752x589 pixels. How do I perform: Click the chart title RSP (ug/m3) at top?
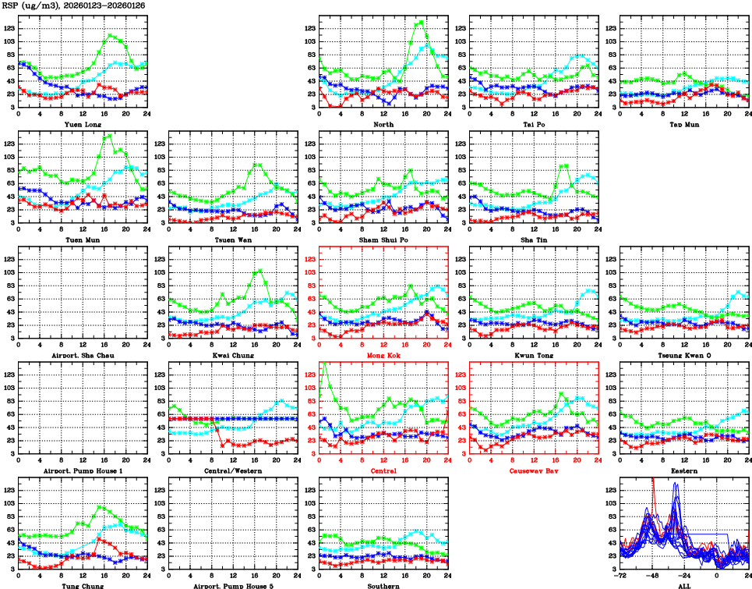point(36,5)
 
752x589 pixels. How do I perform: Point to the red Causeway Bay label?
point(534,470)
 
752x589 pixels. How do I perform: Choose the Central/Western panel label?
point(233,470)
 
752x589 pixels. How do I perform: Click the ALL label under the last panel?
point(684,585)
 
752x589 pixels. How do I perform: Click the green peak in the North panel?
point(422,22)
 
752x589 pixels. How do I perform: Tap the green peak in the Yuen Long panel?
point(111,34)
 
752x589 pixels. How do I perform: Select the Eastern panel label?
point(684,470)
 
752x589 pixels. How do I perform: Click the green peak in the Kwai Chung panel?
point(259,270)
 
